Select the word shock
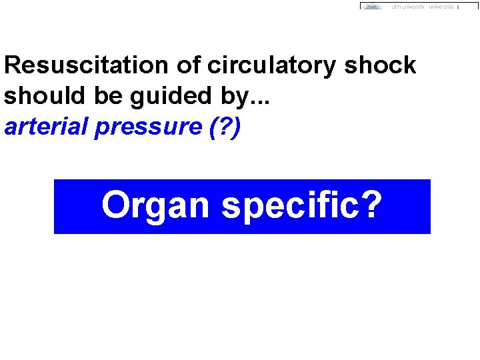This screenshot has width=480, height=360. click(381, 65)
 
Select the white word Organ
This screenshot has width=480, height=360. click(156, 206)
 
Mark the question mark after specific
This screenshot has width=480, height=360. click(372, 205)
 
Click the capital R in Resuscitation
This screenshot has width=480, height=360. click(12, 65)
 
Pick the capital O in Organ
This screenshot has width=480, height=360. click(115, 205)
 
